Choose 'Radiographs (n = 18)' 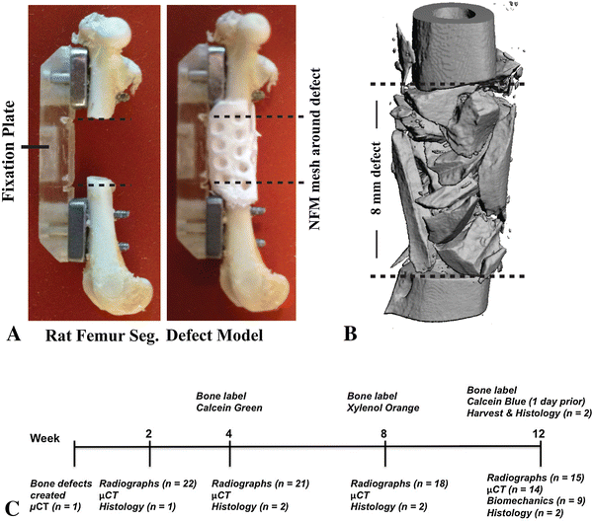[x=392, y=484]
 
